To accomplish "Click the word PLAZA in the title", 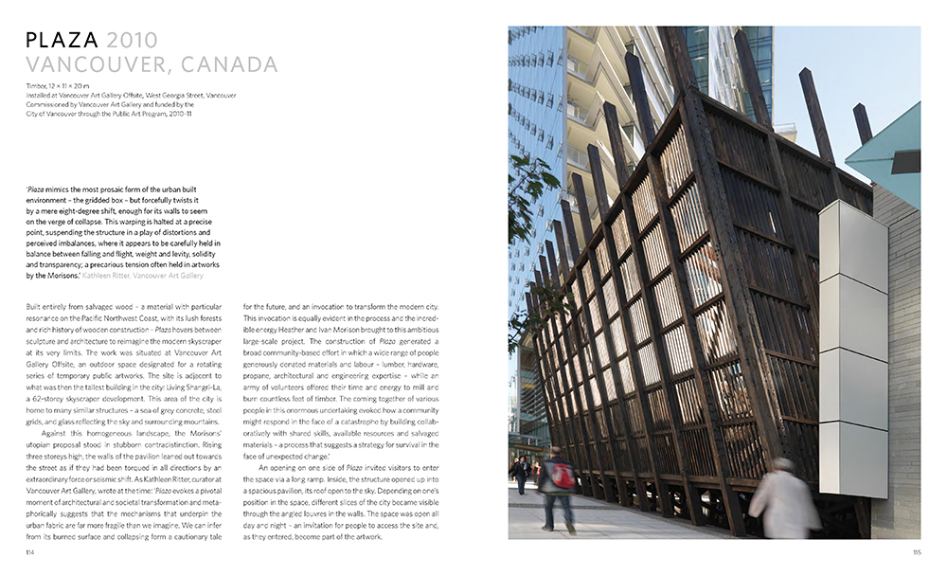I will click(x=63, y=40).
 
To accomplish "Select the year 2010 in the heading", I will click(x=133, y=40).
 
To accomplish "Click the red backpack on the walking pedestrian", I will click(x=562, y=475).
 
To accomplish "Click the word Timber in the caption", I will click(x=36, y=86).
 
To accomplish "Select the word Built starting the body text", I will click(x=36, y=308).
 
